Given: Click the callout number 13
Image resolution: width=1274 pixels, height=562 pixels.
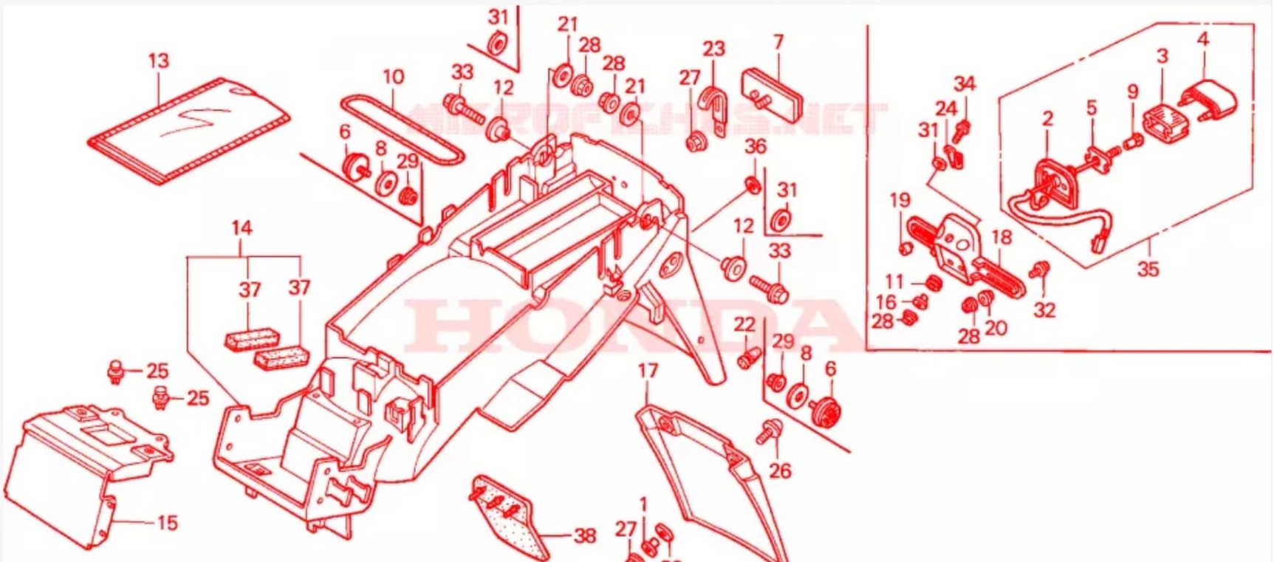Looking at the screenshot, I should tap(158, 61).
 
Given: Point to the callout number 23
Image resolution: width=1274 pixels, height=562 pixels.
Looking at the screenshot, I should tap(713, 49).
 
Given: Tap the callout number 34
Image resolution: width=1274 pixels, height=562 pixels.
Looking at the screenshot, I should tap(964, 84).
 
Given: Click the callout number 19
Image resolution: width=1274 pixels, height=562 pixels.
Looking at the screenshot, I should tap(900, 200).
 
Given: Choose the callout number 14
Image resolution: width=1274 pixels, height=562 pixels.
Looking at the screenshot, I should tap(242, 228).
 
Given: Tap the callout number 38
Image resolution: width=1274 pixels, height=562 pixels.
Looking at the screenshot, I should tap(584, 535).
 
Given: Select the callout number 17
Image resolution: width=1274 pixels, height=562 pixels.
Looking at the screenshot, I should tap(648, 371).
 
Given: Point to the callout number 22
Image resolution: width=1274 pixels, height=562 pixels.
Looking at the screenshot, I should tap(744, 324).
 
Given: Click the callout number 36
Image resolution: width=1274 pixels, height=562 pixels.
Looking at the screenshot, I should tap(755, 147).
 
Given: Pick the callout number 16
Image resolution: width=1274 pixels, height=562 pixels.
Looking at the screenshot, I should tap(886, 301).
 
